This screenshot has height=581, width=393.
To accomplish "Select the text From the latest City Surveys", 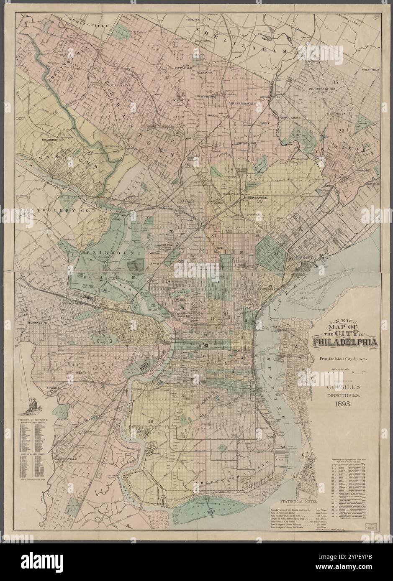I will point(343,359).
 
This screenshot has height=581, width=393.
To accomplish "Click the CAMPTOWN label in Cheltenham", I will point(202,41).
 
